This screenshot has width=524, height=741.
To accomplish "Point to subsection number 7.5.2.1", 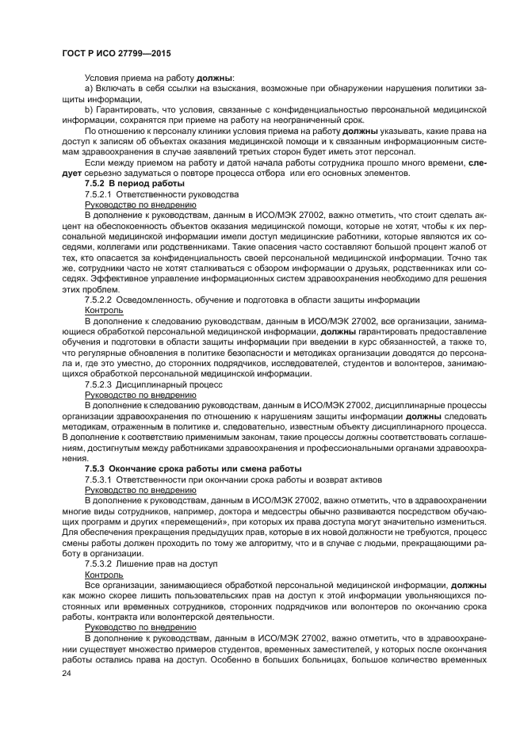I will pos(100,193).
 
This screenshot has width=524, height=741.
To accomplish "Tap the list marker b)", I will pos(89,109).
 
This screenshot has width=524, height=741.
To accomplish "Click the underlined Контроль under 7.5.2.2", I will pos(103,311).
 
